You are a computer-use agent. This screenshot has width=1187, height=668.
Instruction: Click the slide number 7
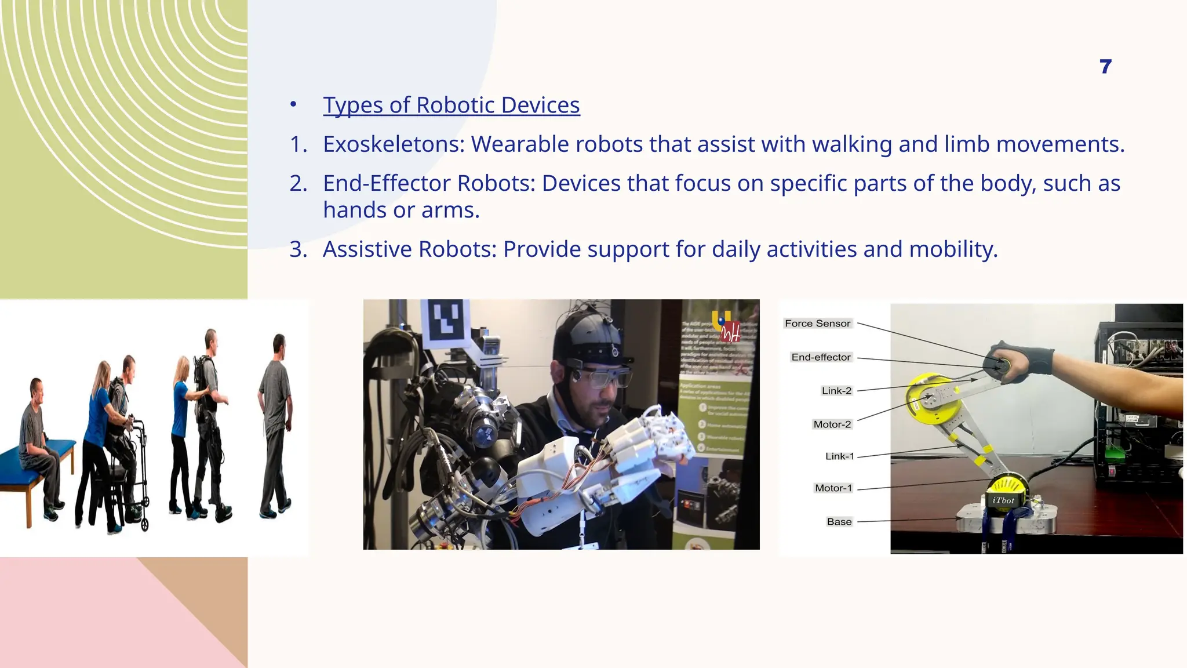(x=1105, y=67)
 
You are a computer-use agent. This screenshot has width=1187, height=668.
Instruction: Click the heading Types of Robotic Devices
(x=451, y=105)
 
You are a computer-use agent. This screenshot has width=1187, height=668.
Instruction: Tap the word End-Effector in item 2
(x=387, y=183)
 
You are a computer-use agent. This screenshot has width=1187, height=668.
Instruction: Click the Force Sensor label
(x=817, y=324)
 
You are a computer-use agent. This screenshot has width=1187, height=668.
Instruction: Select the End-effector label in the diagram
(x=821, y=357)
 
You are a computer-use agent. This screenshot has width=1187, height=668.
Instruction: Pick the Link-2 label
(x=836, y=391)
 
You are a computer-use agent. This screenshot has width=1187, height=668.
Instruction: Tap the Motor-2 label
(x=832, y=424)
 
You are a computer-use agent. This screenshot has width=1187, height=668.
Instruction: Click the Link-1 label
(x=839, y=456)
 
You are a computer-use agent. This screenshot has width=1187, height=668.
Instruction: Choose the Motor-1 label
(x=833, y=488)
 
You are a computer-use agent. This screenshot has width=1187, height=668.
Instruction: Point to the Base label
(x=839, y=522)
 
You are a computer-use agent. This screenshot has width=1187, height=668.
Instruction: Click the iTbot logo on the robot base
(x=1003, y=500)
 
